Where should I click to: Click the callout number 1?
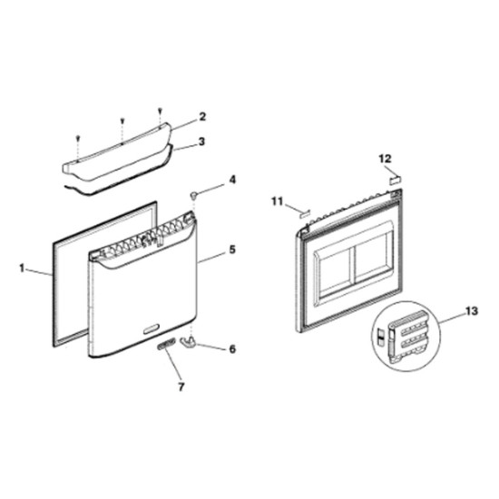coord(22,269)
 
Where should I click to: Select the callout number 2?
coord(202,117)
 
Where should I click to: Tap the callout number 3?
coord(201,142)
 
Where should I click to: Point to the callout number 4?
coord(232,180)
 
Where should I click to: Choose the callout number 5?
coord(232,249)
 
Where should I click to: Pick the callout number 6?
coord(232,348)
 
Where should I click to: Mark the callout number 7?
coord(181,386)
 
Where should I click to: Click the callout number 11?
coord(278,201)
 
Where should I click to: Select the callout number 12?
coord(385,158)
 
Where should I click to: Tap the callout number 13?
coord(471,311)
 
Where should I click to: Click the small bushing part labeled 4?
coord(193,195)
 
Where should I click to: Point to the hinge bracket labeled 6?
coord(190,341)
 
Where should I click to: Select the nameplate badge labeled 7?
coord(165,344)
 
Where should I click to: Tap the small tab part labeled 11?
coord(304,213)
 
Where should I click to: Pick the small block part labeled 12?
coord(396,180)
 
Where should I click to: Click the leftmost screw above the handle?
coord(78,138)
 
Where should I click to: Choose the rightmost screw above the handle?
coord(160,111)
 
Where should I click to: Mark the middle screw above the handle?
coord(122,121)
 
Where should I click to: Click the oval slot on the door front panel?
coord(152,328)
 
